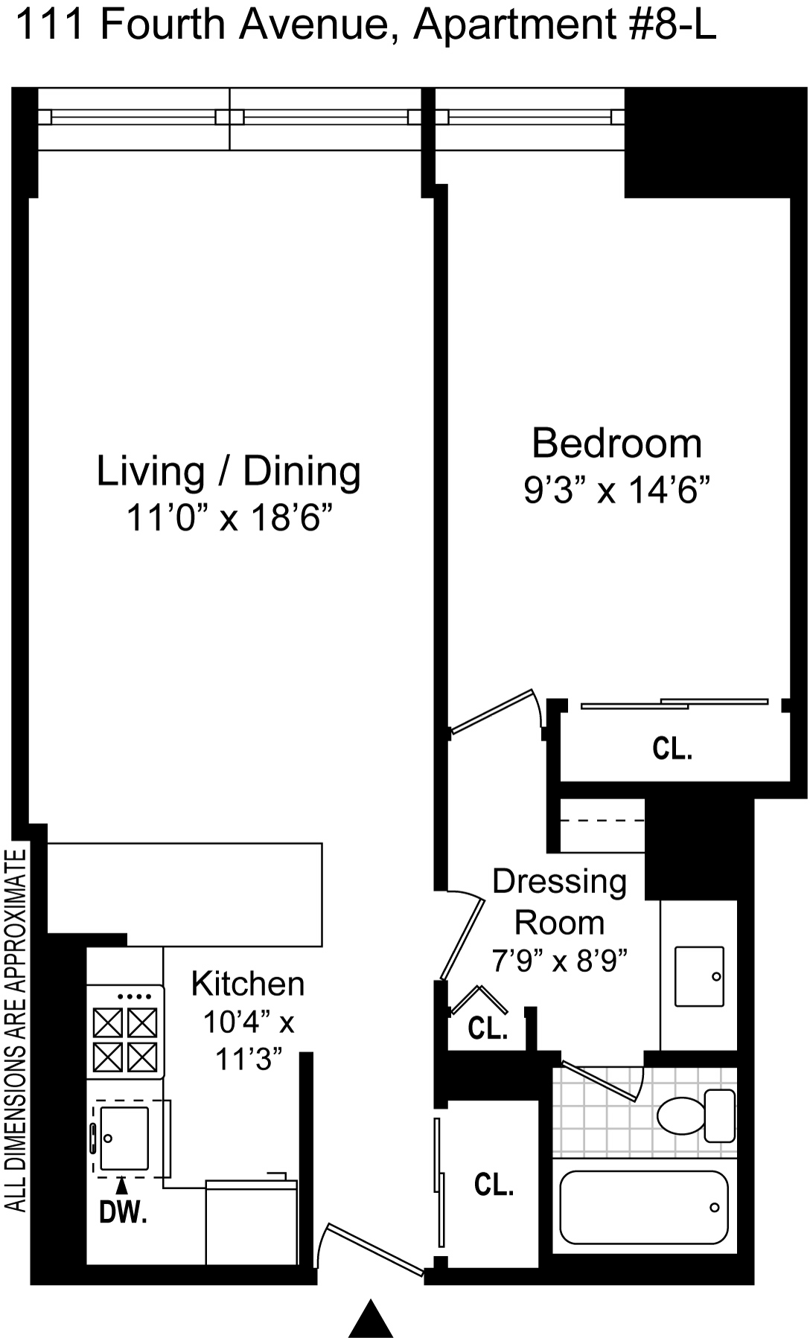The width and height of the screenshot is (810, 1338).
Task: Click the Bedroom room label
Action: click(x=616, y=444)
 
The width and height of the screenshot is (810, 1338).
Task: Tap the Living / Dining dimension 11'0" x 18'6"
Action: click(x=229, y=517)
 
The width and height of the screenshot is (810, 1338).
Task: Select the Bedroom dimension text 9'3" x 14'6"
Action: click(x=616, y=490)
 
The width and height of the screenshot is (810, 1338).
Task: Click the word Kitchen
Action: click(x=248, y=984)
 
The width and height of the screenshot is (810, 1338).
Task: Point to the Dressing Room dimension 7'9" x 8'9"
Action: click(x=560, y=960)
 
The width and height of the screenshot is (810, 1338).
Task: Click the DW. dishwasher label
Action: click(x=123, y=1213)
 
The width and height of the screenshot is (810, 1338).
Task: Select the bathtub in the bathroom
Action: click(x=644, y=1207)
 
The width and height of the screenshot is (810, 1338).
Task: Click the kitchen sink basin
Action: click(x=124, y=1138)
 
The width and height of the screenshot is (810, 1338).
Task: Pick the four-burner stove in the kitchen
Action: click(x=125, y=1031)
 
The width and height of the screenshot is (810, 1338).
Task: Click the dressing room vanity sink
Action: click(x=700, y=976)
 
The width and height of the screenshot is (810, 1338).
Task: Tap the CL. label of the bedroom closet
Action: click(x=672, y=749)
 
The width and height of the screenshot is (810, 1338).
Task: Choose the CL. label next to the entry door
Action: click(x=494, y=1185)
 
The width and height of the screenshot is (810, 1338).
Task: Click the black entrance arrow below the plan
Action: click(x=371, y=1318)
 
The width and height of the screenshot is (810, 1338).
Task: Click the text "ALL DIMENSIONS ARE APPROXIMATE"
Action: click(x=16, y=1031)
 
